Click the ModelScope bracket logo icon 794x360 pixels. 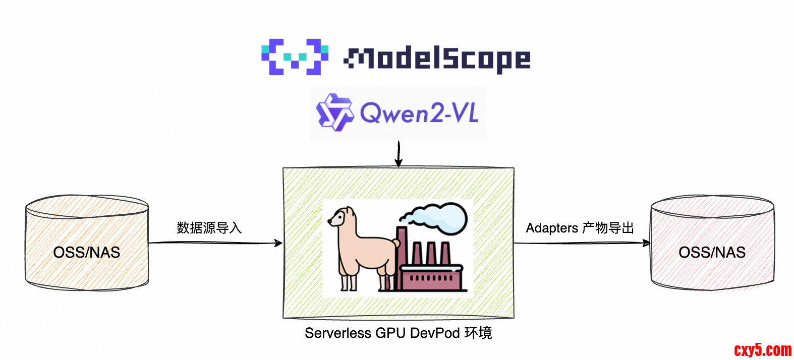click(295, 57)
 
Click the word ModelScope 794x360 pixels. click(437, 59)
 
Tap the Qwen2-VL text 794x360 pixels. click(419, 112)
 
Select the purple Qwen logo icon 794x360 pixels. click(333, 112)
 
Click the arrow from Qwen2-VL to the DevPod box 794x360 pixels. click(399, 154)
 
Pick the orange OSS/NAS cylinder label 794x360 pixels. click(87, 252)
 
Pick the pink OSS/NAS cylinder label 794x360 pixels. click(712, 252)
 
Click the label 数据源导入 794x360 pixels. click(209, 228)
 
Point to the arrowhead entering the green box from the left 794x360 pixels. click(278, 243)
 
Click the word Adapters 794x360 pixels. click(552, 228)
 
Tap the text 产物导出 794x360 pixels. click(608, 228)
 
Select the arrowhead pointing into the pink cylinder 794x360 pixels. click(646, 243)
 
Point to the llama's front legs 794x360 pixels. click(348, 277)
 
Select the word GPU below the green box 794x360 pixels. click(391, 333)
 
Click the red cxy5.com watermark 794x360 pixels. click(763, 349)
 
